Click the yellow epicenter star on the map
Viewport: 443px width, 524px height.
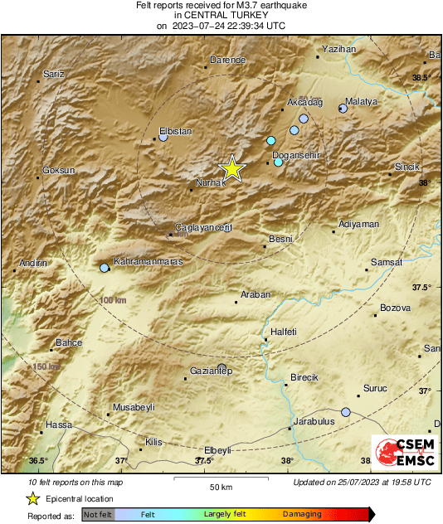point(233,168)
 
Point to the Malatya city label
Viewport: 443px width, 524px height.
point(361,101)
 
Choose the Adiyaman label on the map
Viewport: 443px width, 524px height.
point(359,224)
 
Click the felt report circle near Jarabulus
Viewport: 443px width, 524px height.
point(346,412)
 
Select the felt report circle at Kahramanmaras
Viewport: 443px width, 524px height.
point(104,268)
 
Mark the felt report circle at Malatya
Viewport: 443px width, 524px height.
point(343,109)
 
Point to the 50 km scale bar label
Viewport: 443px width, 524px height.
point(221,485)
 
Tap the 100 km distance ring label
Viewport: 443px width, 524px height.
point(114,299)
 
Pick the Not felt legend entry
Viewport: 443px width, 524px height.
point(98,515)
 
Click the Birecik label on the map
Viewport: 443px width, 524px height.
point(304,377)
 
